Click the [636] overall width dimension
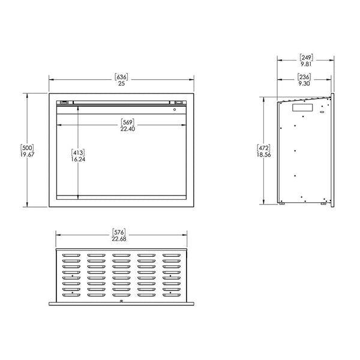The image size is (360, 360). point(121,76)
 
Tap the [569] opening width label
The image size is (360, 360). point(121,122)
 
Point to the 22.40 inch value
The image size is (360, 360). point(121,128)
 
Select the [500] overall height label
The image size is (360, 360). point(26,147)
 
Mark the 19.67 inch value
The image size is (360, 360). point(26,154)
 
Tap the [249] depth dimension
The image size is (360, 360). point(306,58)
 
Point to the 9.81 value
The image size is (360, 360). point(306,65)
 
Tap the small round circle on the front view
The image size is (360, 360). point(174,109)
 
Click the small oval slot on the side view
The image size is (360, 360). point(322,112)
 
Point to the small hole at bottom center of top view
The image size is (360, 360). point(122,300)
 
